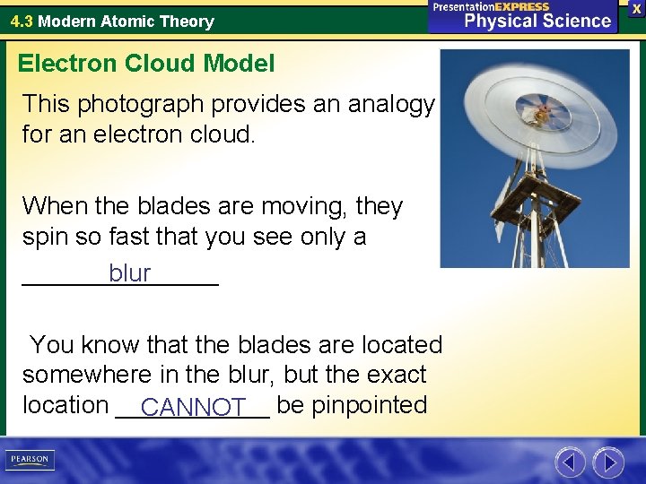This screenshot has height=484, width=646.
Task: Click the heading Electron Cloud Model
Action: pos(146,64)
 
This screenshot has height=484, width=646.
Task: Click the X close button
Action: pos(636,8)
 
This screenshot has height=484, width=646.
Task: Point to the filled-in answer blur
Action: pos(129,273)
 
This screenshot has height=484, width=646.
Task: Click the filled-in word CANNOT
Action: pos(193,408)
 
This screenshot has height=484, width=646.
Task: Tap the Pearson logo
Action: pos(31,460)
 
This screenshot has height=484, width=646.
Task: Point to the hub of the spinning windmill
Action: pos(542,113)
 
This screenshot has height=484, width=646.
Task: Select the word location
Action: pos(65,405)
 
